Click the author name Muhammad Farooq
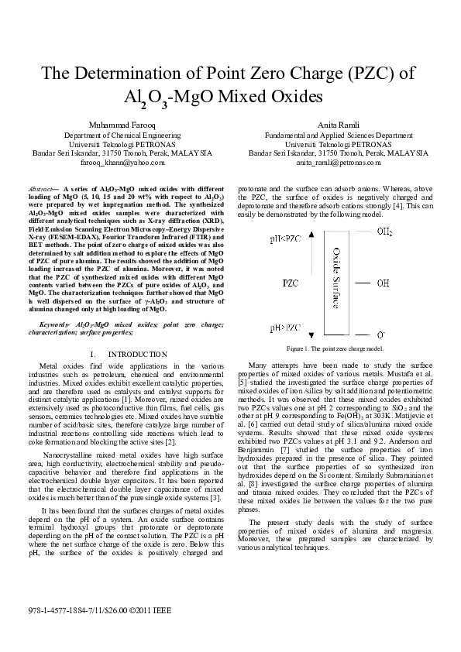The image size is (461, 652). point(116,125)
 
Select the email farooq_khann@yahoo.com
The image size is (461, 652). point(117,163)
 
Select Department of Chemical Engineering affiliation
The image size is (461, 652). point(116,135)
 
